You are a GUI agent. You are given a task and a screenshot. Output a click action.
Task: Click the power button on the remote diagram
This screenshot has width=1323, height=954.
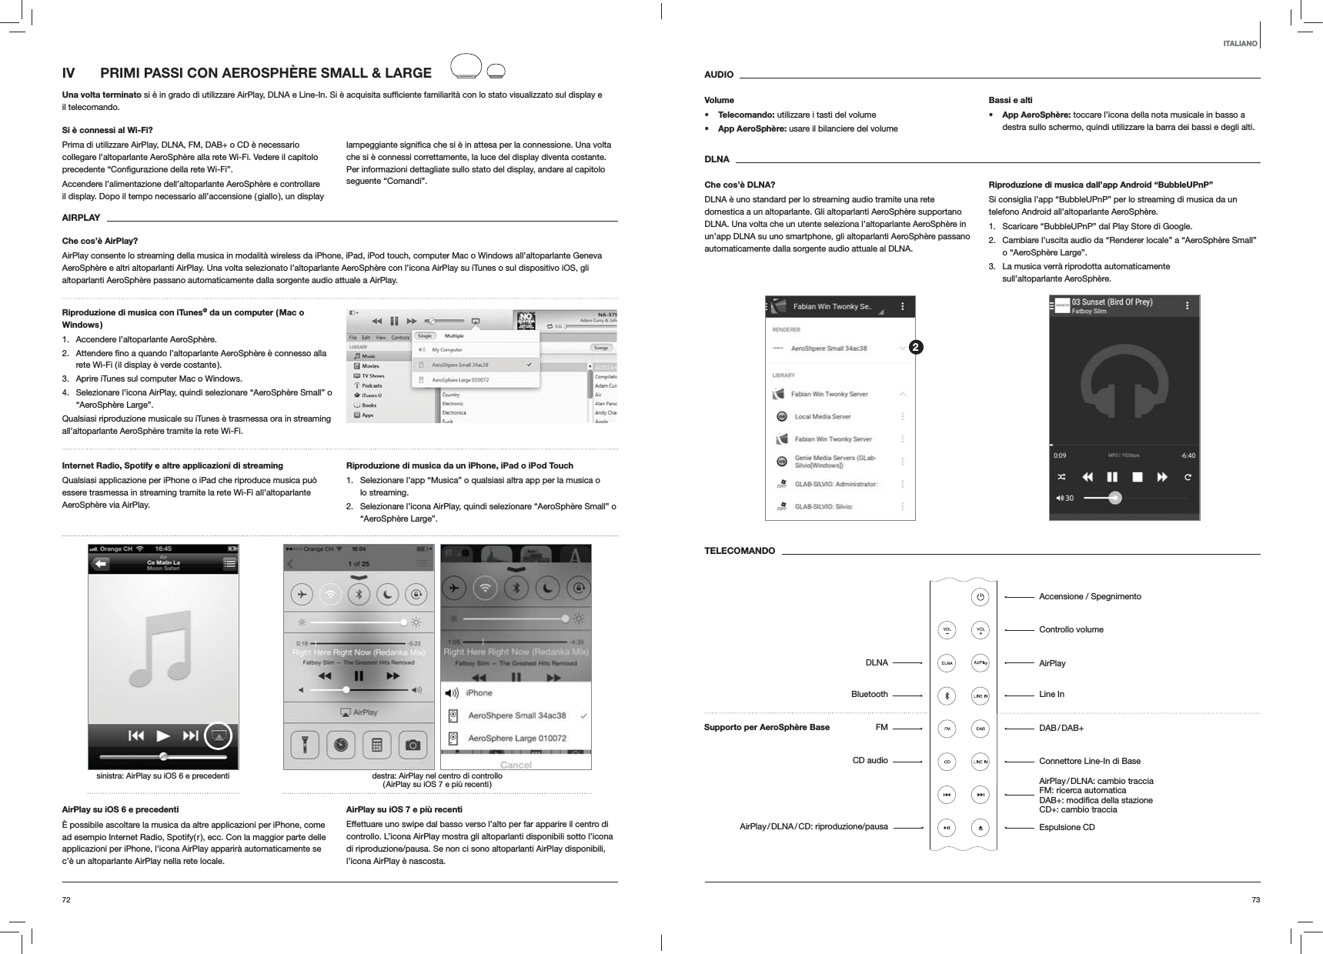(x=980, y=596)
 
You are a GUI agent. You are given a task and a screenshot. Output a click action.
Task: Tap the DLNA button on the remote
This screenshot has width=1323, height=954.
(x=947, y=662)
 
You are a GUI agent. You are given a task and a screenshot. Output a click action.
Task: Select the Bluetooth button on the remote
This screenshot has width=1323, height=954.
(x=947, y=695)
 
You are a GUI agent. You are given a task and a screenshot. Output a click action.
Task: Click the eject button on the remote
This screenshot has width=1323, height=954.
(x=980, y=828)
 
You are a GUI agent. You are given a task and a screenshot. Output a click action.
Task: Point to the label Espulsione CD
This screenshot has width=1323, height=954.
(x=1067, y=827)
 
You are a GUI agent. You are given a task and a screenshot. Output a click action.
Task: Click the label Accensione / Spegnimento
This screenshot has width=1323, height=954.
(x=1090, y=596)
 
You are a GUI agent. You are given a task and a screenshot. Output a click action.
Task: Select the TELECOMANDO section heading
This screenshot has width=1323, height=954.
(x=740, y=552)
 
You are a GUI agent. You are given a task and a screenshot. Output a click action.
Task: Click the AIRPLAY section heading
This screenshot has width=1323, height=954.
(x=81, y=218)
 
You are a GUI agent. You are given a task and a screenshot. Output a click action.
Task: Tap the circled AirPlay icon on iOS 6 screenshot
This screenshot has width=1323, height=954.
(x=219, y=736)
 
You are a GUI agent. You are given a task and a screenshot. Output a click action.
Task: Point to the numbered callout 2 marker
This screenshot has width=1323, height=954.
(x=914, y=348)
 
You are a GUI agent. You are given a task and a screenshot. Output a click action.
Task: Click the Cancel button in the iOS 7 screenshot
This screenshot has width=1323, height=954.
(x=515, y=765)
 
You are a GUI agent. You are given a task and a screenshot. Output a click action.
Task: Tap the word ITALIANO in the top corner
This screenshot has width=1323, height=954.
(x=1240, y=44)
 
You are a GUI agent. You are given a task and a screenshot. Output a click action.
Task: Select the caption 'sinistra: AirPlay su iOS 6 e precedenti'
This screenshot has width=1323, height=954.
(x=162, y=776)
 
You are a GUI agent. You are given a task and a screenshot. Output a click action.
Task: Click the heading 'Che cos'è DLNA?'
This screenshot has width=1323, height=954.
(x=740, y=185)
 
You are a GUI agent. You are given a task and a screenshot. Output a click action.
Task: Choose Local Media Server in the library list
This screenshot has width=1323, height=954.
(x=822, y=416)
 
